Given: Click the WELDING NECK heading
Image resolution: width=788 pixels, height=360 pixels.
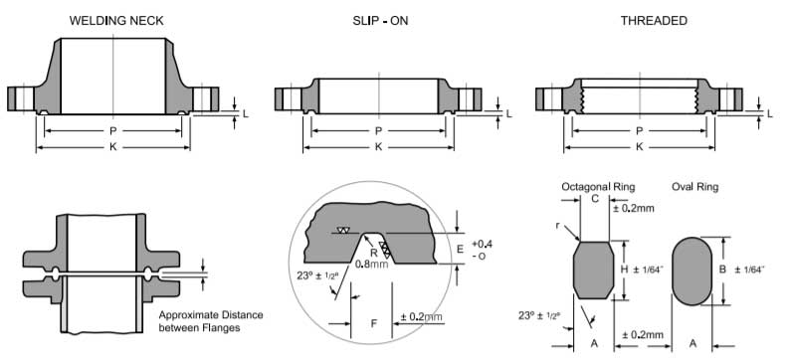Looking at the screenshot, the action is click(x=116, y=21).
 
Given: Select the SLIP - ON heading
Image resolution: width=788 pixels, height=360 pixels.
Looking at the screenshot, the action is click(x=380, y=21).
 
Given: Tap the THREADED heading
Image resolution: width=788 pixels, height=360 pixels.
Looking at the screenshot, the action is click(x=654, y=21).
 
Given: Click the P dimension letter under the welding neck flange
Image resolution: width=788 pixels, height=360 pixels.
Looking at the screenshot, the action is click(x=113, y=131).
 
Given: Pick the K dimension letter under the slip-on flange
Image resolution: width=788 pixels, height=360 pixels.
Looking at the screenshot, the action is click(x=378, y=147).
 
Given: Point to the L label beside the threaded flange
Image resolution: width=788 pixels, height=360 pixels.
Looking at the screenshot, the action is click(x=770, y=114).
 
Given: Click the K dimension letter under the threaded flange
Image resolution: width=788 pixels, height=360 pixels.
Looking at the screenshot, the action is click(x=639, y=147).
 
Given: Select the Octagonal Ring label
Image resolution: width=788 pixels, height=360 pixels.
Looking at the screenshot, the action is click(x=598, y=187).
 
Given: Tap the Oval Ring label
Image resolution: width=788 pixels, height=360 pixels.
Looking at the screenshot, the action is click(x=695, y=187).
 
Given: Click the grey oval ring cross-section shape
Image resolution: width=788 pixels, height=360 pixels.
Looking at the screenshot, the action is click(x=692, y=271).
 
